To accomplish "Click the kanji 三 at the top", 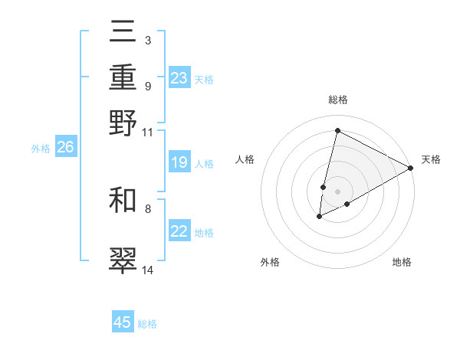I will pos(123,34).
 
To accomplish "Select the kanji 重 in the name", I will pos(123,78).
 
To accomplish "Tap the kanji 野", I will pos(123,123).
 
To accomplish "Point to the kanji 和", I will pos(123,201).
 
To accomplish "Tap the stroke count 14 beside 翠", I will pos(147,270).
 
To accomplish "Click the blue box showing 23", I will pos(179,78).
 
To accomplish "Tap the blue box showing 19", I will pos(179,162).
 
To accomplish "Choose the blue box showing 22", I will pos(179,231).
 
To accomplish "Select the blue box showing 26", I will pos(65,148).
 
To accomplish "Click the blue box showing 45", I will pos(123,322).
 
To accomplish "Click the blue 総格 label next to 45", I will pos(147,324).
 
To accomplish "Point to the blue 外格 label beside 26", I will pos(41,149).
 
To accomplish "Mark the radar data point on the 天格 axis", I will pos(412,169).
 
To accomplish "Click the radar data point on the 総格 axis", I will pos(337,130).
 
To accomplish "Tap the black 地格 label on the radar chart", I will pos(402,263).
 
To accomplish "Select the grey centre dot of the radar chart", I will pos(337,191).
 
